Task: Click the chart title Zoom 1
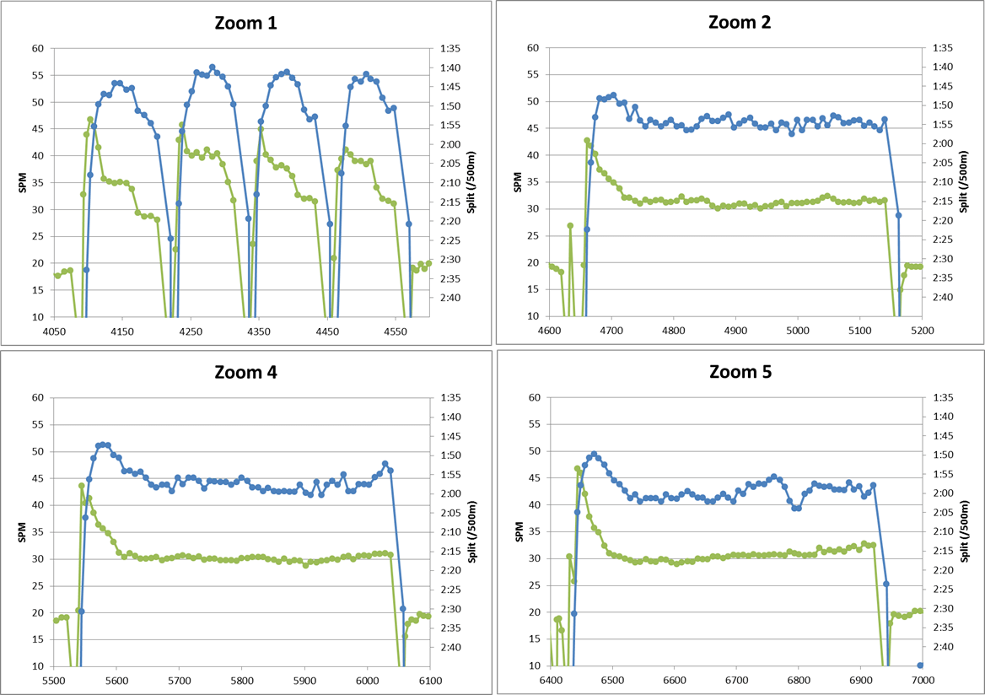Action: click(x=245, y=24)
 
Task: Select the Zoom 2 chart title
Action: click(x=740, y=22)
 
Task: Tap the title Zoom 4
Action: click(x=245, y=372)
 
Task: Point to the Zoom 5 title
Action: click(x=740, y=371)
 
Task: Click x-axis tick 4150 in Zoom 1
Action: click(x=122, y=331)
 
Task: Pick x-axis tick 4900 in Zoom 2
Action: click(x=735, y=331)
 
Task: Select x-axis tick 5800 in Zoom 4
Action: click(x=242, y=680)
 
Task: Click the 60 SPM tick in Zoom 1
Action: click(x=38, y=48)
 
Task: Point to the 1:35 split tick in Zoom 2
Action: click(x=942, y=48)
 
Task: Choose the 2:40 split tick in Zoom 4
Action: click(x=450, y=647)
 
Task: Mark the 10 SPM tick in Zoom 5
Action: click(x=535, y=665)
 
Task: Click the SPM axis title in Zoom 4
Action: click(x=23, y=531)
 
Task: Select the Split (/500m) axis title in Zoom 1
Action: click(x=471, y=182)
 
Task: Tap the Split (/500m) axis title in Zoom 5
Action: click(x=966, y=531)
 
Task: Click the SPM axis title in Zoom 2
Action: click(x=518, y=182)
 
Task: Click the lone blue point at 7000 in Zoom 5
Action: click(x=920, y=665)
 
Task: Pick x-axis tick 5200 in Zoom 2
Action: click(x=922, y=331)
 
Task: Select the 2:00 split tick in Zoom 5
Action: click(x=943, y=493)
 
